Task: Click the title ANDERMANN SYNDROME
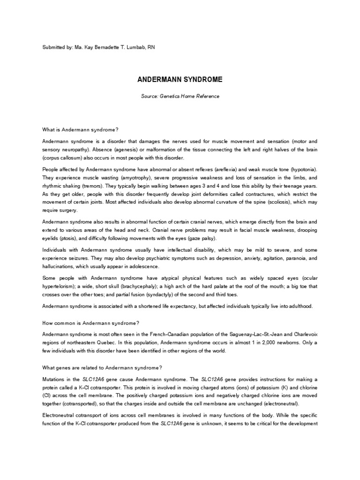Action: [x=180, y=80]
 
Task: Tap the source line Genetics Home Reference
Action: [x=180, y=97]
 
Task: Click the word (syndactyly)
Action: [x=138, y=295]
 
